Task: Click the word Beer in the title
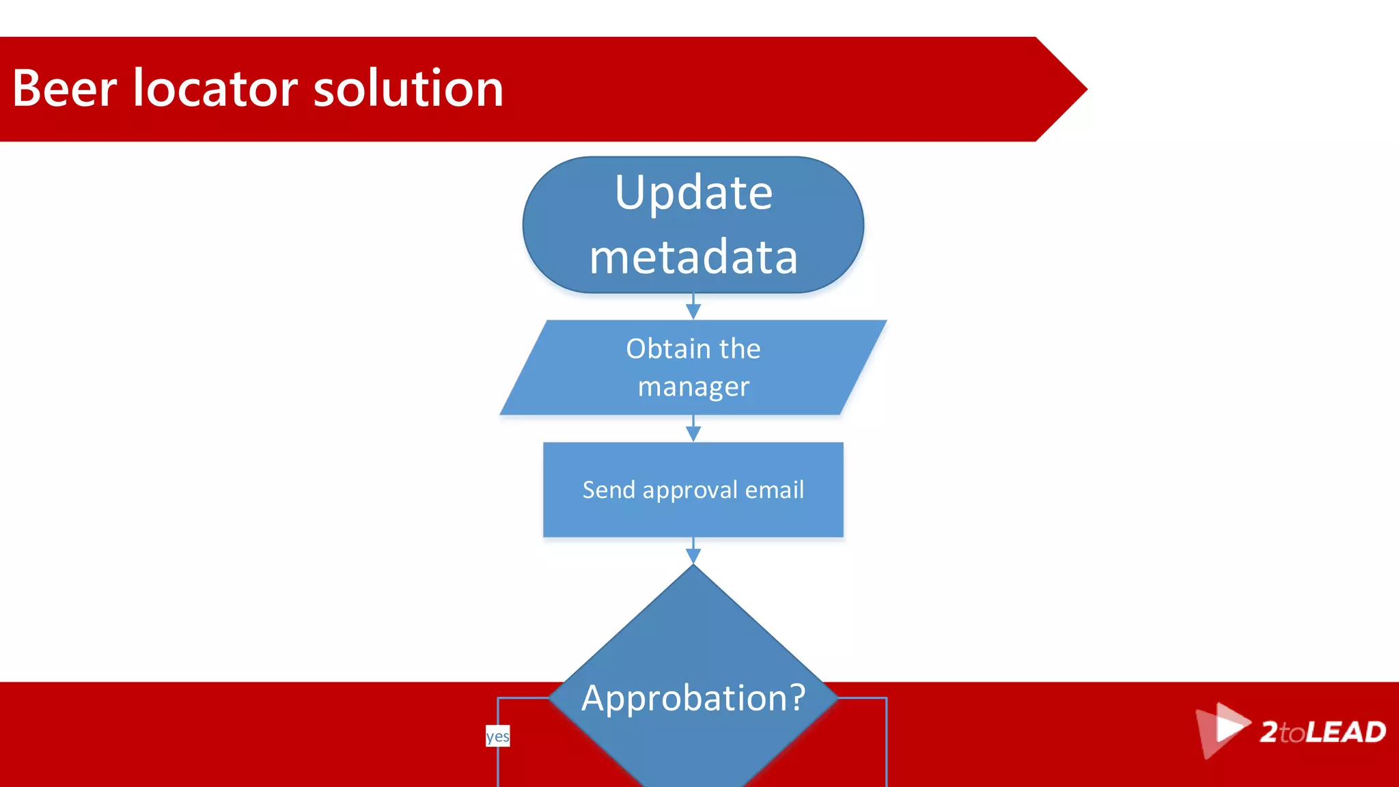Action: click(65, 89)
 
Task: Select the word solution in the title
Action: click(408, 89)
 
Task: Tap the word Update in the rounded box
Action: click(693, 193)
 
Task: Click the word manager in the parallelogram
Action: click(693, 387)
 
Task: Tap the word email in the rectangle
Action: click(774, 490)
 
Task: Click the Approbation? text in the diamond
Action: click(693, 698)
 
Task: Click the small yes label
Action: click(497, 736)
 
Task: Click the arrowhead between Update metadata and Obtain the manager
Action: click(693, 312)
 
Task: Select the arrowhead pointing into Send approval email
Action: click(693, 434)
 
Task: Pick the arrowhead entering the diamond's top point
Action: click(693, 556)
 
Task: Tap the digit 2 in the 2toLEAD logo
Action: click(1269, 732)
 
